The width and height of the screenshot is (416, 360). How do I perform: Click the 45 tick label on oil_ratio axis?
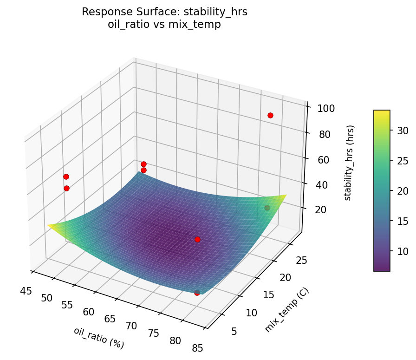pyautogui.click(x=26, y=291)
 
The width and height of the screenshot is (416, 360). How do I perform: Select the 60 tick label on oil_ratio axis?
pyautogui.click(x=89, y=312)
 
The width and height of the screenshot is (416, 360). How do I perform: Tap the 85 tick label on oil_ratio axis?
pyautogui.click(x=197, y=347)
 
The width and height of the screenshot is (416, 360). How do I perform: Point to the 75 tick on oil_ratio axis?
pyautogui.click(x=153, y=333)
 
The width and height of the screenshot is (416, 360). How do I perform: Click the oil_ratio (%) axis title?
pyautogui.click(x=98, y=338)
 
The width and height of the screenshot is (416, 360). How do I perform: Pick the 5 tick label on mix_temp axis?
pyautogui.click(x=234, y=331)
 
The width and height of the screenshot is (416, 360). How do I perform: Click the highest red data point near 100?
pyautogui.click(x=270, y=115)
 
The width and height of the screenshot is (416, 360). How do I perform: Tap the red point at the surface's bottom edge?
pyautogui.click(x=197, y=293)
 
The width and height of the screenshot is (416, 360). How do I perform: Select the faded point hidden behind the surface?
pyautogui.click(x=267, y=208)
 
